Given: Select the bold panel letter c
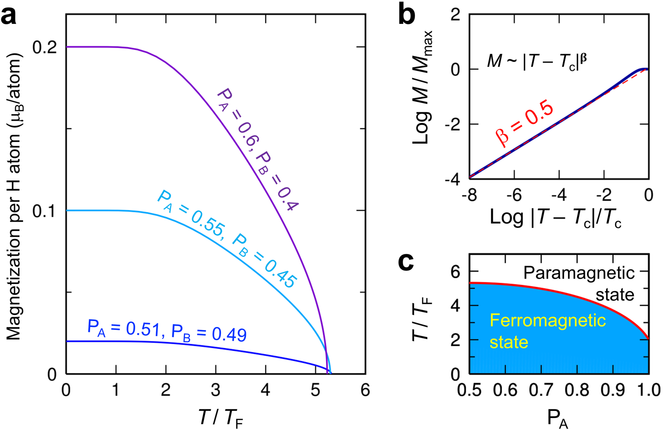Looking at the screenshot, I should click(406, 262).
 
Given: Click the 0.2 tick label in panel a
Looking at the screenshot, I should click(46, 47).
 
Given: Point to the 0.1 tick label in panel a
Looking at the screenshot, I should click(46, 211).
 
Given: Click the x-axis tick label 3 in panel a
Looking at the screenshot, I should click(216, 390).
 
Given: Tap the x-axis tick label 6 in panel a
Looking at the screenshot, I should click(365, 390).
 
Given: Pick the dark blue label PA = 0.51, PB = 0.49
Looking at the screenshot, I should click(167, 331).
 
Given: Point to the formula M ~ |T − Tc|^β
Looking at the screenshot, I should click(537, 61).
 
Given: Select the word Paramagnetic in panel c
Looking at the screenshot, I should click(579, 273).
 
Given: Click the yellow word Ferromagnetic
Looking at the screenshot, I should click(548, 320).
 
